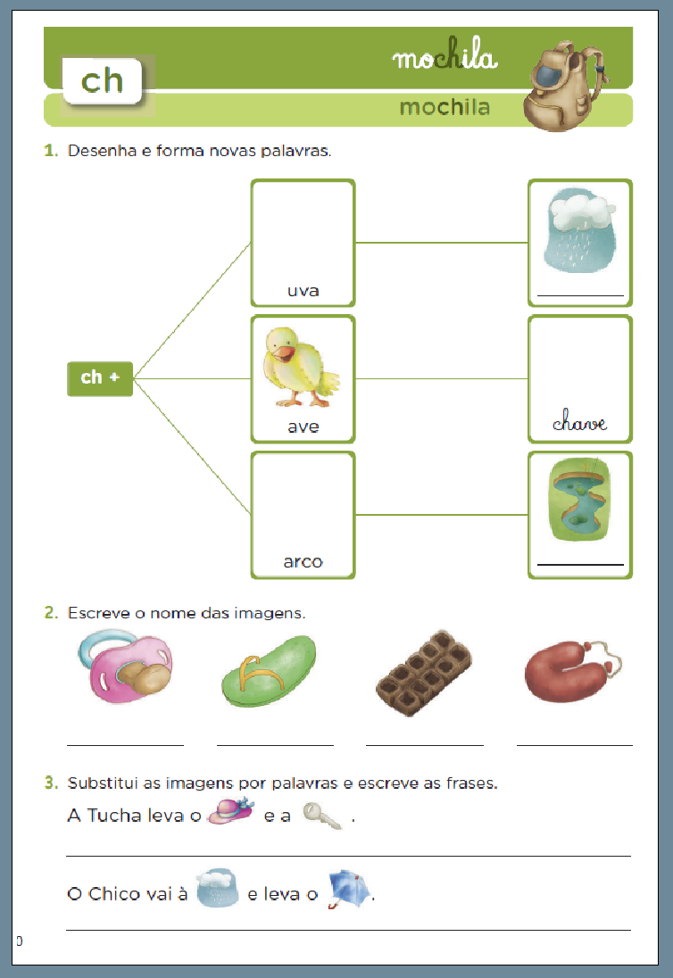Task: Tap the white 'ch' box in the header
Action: coord(102,80)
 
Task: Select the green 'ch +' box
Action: coord(100,377)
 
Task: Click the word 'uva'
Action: coord(303,291)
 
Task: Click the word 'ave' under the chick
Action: coord(303,427)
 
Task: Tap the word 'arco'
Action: coord(303,562)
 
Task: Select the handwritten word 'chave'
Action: coord(579,422)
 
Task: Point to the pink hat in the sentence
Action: coord(230,814)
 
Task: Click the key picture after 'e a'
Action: coord(322,816)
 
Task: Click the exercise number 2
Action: coord(51,613)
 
